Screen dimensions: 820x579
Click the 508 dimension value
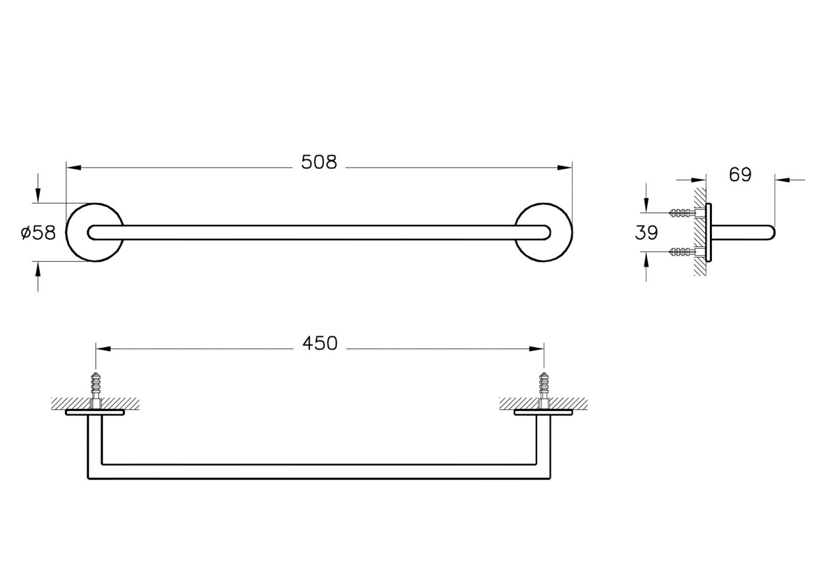pos(319,162)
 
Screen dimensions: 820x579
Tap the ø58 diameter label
pos(38,232)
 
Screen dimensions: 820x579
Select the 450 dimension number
pos(320,344)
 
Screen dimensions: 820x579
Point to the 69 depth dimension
pos(740,175)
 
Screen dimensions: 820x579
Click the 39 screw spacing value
pos(646,232)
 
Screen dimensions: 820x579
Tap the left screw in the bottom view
pos(96,390)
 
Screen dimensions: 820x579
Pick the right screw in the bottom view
pos(544,390)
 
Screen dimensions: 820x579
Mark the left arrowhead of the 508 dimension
pos(74,167)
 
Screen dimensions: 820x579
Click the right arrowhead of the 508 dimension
pos(564,167)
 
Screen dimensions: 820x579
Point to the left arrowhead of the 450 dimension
pos(103,349)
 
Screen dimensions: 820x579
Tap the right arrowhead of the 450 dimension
pos(536,349)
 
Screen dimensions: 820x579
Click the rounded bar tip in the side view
pos(771,232)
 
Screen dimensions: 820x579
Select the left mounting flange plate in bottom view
pos(95,412)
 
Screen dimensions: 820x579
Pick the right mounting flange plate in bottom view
pos(544,412)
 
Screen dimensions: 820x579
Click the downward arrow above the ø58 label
pos(38,188)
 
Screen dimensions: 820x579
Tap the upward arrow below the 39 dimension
pos(646,267)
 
